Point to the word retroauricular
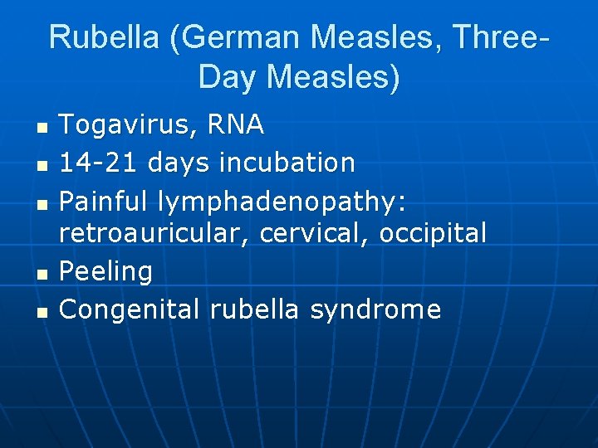[155, 234]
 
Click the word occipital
[433, 234]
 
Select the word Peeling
[106, 272]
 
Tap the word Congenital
[130, 309]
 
